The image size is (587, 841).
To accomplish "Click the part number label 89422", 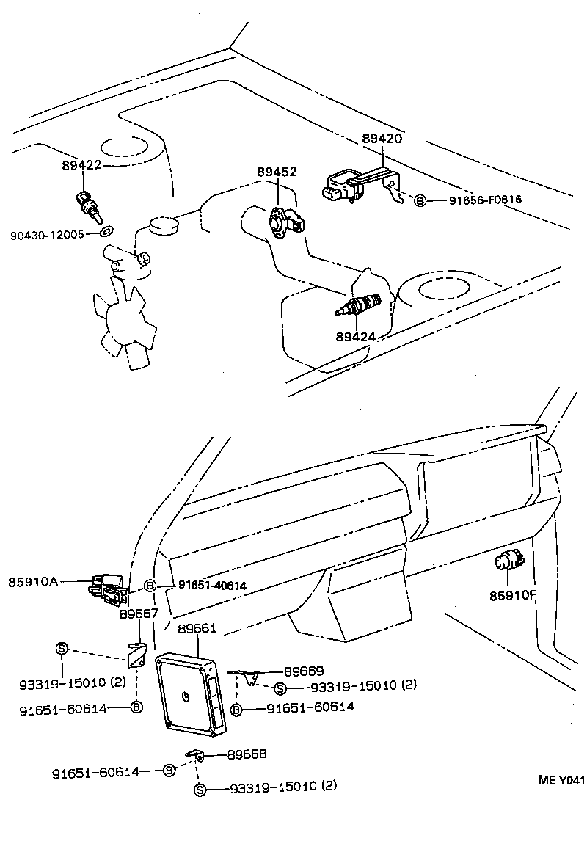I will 81,167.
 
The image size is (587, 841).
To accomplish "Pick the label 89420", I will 382,138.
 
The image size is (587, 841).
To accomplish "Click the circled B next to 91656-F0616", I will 419,200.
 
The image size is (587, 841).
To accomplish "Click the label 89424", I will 356,337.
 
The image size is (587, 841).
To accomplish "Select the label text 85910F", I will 513,595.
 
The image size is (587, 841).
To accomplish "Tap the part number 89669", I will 304,671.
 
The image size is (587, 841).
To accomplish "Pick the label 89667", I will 139,614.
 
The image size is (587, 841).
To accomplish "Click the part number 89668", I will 246,754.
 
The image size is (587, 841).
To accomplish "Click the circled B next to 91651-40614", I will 150,585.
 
